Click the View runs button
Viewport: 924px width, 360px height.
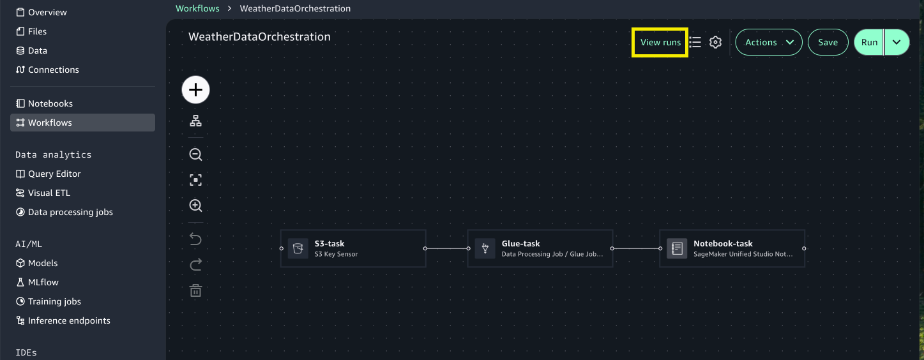(x=660, y=43)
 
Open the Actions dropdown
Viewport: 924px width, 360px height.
(x=769, y=43)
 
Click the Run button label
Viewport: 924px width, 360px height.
(x=869, y=43)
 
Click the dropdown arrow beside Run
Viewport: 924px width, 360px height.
(x=897, y=43)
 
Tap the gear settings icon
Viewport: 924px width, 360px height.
(x=715, y=43)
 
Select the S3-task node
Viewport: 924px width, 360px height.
(x=353, y=248)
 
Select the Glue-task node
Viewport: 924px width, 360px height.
(x=540, y=248)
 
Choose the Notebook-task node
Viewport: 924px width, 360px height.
(x=732, y=248)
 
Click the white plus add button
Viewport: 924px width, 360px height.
(x=196, y=90)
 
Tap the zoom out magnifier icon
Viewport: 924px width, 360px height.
(x=196, y=154)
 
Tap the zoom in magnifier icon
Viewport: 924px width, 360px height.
(x=196, y=206)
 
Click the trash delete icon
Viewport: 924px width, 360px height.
(x=196, y=290)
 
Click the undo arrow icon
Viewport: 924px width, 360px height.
(x=196, y=239)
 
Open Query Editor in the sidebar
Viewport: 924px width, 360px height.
(x=54, y=174)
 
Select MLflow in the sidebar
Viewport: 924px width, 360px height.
(x=43, y=282)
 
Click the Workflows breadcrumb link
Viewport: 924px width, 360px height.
(x=197, y=9)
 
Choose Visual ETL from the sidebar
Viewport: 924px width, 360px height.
(x=49, y=193)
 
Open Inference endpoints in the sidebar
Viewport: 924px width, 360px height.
(x=69, y=320)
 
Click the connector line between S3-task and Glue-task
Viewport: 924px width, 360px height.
(x=447, y=248)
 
